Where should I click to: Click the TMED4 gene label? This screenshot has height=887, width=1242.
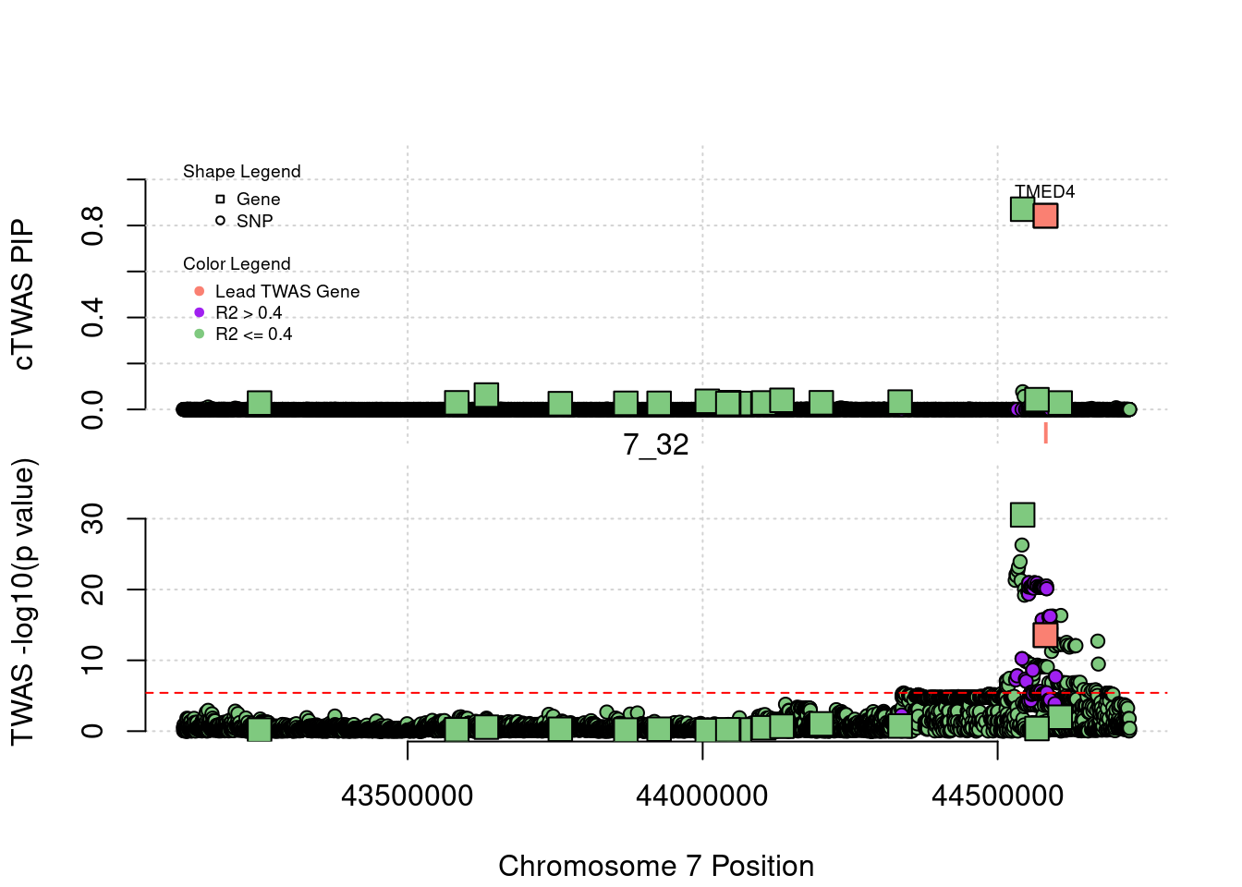[1044, 191]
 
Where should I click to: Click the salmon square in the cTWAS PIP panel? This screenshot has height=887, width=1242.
[1045, 215]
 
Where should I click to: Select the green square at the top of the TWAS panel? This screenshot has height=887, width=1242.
[1022, 515]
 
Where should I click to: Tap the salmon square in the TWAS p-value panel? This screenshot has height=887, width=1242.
[1045, 635]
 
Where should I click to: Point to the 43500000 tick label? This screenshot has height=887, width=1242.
[407, 796]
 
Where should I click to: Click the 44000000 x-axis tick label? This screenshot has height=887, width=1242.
[701, 796]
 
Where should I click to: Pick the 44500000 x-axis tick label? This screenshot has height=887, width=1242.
[997, 796]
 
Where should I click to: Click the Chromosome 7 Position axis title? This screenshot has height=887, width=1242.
[656, 866]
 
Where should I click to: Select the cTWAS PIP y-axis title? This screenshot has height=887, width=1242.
[24, 295]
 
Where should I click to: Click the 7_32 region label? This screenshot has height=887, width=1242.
[656, 444]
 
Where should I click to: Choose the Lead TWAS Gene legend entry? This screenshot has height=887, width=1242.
[286, 291]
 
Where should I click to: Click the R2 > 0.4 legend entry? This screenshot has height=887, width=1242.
[248, 313]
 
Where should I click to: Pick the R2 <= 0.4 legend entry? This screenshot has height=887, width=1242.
[253, 334]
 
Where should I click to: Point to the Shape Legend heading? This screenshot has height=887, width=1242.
[242, 172]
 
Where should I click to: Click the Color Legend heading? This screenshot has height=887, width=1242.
[237, 264]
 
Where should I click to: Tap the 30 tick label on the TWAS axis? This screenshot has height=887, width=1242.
[93, 519]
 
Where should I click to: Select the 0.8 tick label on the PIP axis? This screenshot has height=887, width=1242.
[93, 225]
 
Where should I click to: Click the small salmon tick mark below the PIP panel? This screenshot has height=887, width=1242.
[1045, 432]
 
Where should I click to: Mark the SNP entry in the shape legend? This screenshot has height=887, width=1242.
[254, 222]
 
